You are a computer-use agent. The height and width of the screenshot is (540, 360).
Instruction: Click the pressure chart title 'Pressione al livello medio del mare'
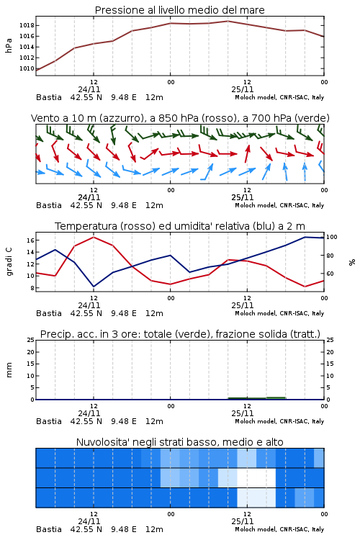179,10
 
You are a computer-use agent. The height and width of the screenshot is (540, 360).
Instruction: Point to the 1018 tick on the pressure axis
27,25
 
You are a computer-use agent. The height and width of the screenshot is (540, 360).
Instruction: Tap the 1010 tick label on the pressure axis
27,68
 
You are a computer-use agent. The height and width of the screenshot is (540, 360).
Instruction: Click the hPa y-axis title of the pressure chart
9,45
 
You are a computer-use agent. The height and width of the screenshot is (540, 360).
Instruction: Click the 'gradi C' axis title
9,262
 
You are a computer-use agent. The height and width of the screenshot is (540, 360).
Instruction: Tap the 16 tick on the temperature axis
30,240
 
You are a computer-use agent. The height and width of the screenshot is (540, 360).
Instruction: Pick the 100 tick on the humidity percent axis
332,237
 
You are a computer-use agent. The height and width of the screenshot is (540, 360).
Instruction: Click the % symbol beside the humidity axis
352,262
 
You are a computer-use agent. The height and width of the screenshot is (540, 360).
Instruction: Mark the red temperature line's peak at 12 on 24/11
94,237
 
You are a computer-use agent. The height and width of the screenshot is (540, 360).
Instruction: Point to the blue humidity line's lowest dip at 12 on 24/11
94,286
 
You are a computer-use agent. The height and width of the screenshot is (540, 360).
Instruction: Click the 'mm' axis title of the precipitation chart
9,370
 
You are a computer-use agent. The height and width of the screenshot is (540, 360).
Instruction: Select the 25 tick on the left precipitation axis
31,340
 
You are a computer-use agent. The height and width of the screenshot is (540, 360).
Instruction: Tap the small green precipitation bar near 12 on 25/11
257,398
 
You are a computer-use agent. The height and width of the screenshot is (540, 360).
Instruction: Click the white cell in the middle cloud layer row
256,477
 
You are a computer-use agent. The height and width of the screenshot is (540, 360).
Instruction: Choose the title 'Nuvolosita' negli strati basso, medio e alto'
179,442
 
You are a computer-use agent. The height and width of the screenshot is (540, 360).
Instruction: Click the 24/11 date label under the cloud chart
89,521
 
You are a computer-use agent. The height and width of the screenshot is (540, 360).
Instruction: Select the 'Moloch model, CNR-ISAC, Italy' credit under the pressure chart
279,97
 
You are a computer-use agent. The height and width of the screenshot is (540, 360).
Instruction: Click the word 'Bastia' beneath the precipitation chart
49,421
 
